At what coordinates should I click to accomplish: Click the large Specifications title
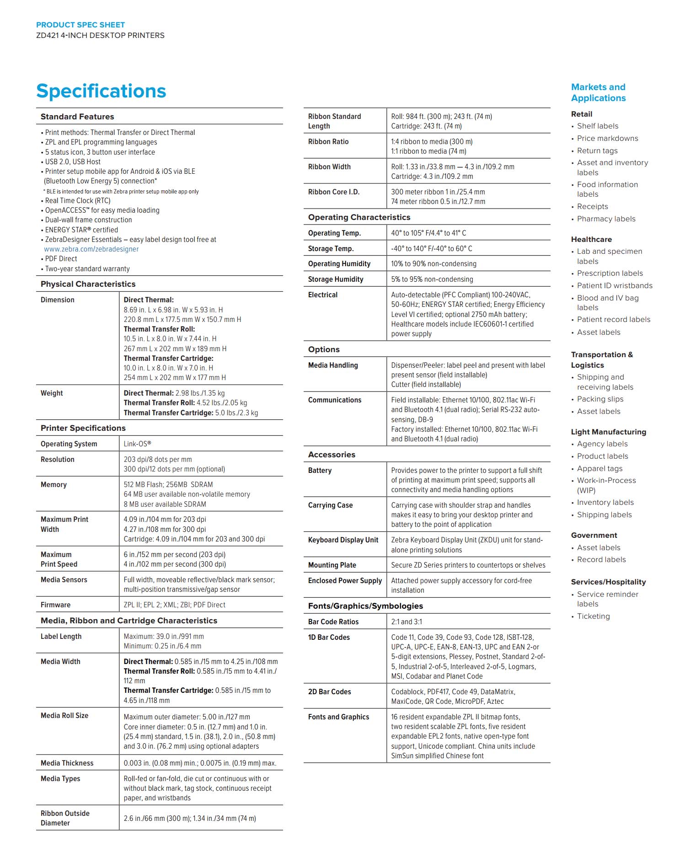pyautogui.click(x=101, y=91)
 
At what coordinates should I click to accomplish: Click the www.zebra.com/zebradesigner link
pyautogui.click(x=91, y=249)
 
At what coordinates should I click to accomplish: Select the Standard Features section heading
pyautogui.click(x=77, y=117)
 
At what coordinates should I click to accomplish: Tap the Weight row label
pyautogui.click(x=52, y=393)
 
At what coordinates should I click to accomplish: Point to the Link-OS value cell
pyautogui.click(x=137, y=444)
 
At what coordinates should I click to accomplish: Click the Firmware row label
pyautogui.click(x=55, y=605)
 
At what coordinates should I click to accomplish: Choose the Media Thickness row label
pyautogui.click(x=67, y=763)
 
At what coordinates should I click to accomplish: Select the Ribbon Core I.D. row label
pyautogui.click(x=334, y=192)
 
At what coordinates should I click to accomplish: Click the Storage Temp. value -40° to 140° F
pyautogui.click(x=431, y=249)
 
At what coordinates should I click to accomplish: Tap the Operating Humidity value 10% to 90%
pyautogui.click(x=433, y=264)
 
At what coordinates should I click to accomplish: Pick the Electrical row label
pyautogui.click(x=322, y=295)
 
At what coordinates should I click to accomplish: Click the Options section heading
pyautogui.click(x=324, y=349)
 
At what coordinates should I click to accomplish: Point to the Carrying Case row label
pyautogui.click(x=330, y=505)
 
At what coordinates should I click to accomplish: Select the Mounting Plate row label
pyautogui.click(x=332, y=565)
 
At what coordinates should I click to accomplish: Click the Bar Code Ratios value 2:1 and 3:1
pyautogui.click(x=407, y=622)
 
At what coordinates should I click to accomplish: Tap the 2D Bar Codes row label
pyautogui.click(x=329, y=692)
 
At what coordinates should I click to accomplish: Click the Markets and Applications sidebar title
pyautogui.click(x=598, y=92)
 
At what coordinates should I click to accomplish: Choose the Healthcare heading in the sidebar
pyautogui.click(x=591, y=239)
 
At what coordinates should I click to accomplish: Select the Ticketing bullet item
pyautogui.click(x=593, y=616)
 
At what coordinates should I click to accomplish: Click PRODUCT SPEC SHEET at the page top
pyautogui.click(x=80, y=25)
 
